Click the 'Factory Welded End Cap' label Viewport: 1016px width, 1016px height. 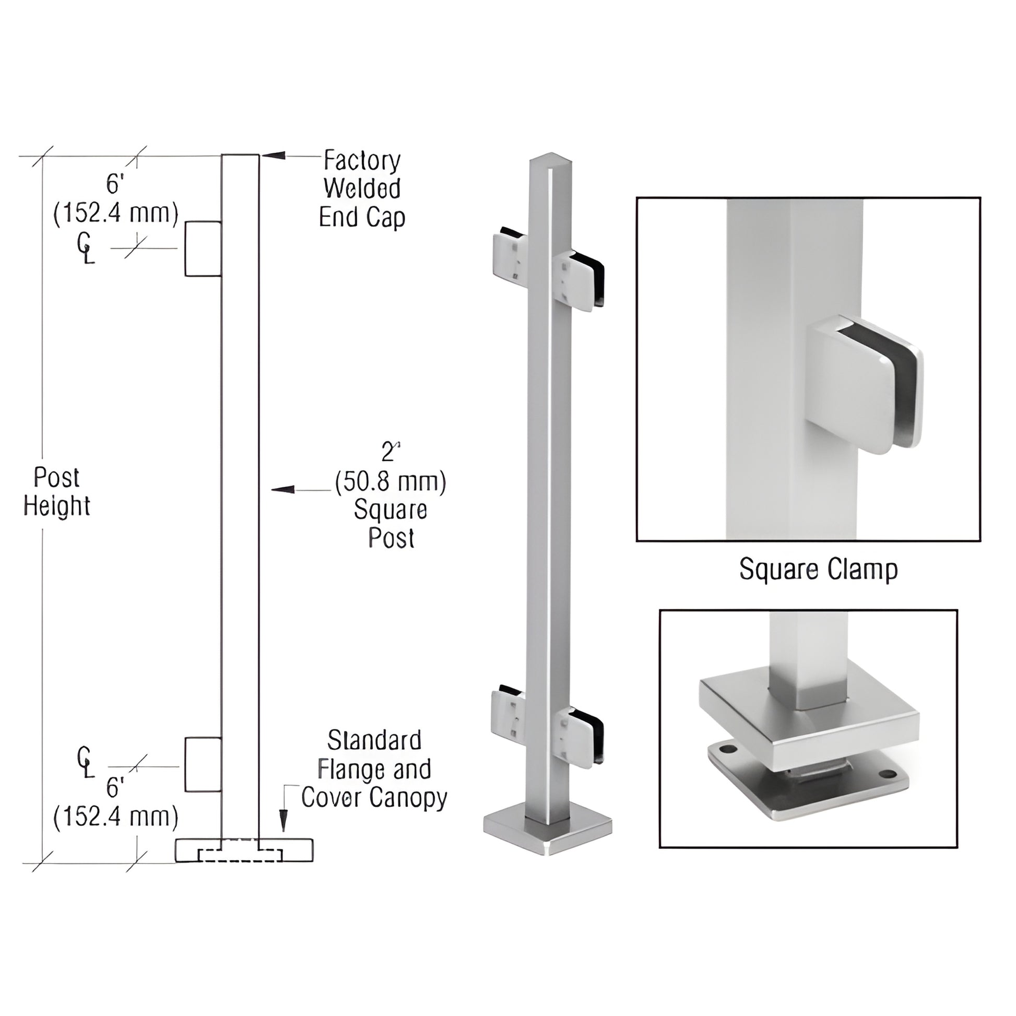point(362,189)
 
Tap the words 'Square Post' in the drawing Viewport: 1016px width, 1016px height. point(391,524)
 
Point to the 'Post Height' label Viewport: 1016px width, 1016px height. point(56,492)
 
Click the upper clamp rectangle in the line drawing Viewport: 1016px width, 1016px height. point(203,248)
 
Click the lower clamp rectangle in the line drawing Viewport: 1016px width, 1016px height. point(203,764)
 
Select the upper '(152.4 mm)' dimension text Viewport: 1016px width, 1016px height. point(116,214)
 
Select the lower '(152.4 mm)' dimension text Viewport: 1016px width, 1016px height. point(116,817)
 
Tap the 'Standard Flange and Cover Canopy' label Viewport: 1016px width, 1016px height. point(374,769)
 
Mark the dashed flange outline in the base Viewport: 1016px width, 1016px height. point(240,855)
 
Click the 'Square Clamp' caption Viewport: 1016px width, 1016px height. point(818,569)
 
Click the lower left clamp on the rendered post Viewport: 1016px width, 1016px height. point(508,714)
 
